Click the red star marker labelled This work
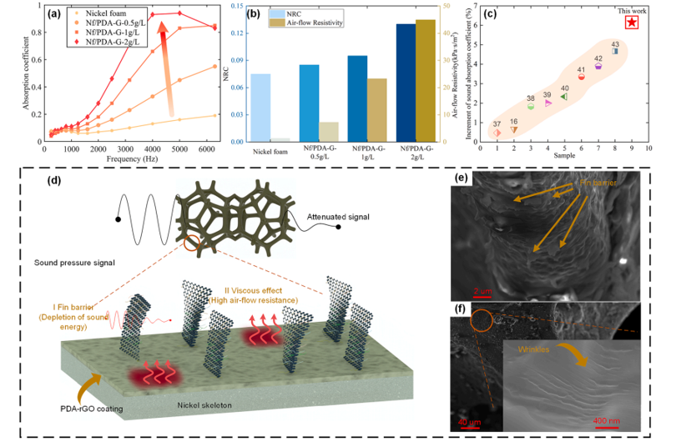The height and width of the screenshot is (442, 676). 632,23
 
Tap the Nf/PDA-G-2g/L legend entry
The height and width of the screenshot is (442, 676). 98,41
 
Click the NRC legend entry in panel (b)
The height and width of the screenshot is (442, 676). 292,13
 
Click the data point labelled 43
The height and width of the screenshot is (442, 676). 615,51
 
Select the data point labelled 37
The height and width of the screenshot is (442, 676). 497,133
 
